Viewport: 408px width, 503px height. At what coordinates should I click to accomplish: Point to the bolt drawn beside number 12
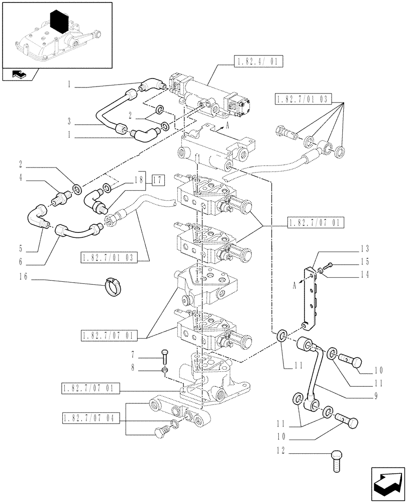[x=336, y=461]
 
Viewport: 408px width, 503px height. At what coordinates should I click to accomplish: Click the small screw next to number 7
[x=165, y=357]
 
